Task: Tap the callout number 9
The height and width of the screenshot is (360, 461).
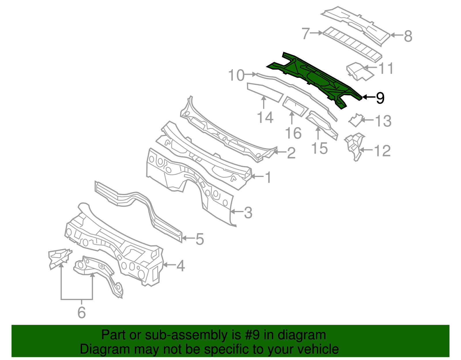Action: (380, 98)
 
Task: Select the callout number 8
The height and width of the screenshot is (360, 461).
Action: (408, 36)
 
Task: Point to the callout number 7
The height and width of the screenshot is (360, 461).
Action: (306, 33)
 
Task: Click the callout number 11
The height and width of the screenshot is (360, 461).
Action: (386, 69)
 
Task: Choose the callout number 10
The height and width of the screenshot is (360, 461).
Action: (236, 76)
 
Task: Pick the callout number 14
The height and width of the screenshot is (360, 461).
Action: (265, 118)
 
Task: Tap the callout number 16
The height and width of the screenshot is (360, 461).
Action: (293, 133)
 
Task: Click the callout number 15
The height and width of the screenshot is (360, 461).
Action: (320, 148)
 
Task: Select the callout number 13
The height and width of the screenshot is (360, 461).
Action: (383, 121)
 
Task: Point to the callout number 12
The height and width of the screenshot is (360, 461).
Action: (382, 151)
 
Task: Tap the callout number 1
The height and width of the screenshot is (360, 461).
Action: (268, 178)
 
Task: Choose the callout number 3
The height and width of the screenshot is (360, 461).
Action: (248, 213)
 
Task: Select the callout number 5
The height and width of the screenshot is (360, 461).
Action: (200, 239)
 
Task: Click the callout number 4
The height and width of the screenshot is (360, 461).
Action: (180, 266)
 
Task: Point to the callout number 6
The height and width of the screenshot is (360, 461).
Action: (82, 312)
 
